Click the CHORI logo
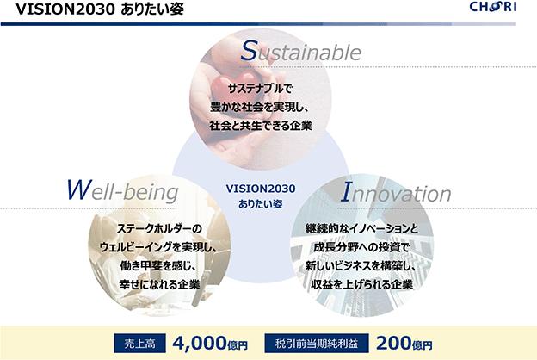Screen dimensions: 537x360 point(493,7)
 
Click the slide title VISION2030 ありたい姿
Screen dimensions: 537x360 point(100,9)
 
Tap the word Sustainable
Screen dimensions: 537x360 point(300,51)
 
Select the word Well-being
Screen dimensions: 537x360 point(122,190)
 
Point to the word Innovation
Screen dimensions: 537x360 point(396,192)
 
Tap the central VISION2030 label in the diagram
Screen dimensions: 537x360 point(261,189)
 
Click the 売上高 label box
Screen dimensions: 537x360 point(139,343)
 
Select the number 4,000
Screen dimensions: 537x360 point(200,343)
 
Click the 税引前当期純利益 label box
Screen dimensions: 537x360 point(317,343)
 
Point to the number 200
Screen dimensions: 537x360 point(394,343)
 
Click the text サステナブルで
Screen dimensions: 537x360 point(260,89)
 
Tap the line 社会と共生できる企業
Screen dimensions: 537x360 point(261,126)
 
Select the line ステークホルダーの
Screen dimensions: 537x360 point(159,229)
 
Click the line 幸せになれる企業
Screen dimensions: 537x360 point(159,284)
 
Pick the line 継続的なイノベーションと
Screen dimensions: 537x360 point(361,229)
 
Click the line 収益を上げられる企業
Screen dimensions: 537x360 point(362,284)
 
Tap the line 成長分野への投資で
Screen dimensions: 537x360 point(361,247)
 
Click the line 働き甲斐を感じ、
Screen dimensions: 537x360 point(158,266)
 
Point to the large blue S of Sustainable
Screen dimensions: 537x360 point(249,51)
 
